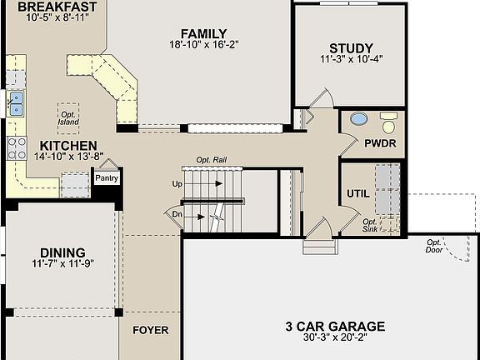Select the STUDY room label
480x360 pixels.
tap(350, 48)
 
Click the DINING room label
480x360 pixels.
tap(63, 252)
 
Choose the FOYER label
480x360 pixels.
tap(150, 330)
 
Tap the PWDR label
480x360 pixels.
tap(380, 143)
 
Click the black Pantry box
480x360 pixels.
tap(106, 177)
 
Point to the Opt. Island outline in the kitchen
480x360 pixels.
tap(68, 117)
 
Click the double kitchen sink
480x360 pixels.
tap(16, 103)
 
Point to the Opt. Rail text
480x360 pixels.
tap(212, 160)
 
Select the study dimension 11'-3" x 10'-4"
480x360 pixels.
tap(350, 60)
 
